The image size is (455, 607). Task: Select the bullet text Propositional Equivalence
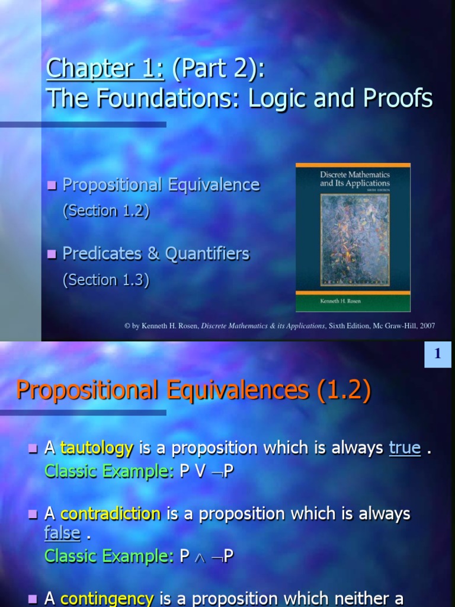coord(161,185)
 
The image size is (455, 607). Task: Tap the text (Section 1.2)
coord(106,211)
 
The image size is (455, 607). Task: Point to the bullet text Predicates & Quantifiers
coord(156,254)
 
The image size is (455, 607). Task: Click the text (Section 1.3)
coord(106,280)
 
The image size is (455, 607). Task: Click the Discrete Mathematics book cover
coord(353,237)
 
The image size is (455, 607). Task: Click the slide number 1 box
coord(438,354)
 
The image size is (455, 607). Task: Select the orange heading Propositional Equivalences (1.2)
coord(194,390)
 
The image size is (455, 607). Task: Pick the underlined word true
coord(405,448)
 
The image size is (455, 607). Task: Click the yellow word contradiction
coord(110,513)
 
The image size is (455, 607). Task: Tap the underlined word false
coord(62,533)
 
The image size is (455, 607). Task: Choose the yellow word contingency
coord(107,599)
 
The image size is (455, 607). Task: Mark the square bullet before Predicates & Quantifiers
coord(52,254)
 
